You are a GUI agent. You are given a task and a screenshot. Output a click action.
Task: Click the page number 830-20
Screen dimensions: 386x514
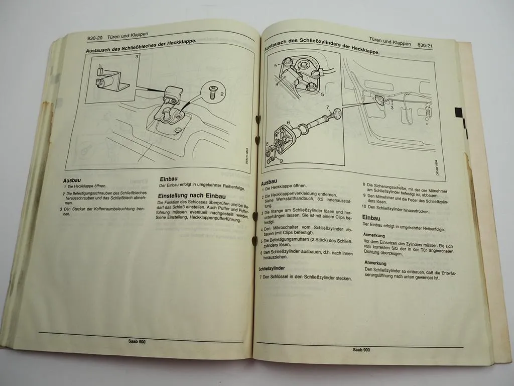pyautogui.click(x=95, y=39)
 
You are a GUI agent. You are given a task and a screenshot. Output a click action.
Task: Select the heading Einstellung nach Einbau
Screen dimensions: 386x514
pyautogui.click(x=192, y=196)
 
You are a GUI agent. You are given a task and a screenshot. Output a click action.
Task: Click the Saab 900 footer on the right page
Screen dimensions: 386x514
pyautogui.click(x=361, y=349)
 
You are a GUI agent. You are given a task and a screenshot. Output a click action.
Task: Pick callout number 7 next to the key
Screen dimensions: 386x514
pyautogui.click(x=327, y=107)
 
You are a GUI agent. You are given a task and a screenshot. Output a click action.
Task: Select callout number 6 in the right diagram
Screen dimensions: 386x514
pyautogui.click(x=288, y=122)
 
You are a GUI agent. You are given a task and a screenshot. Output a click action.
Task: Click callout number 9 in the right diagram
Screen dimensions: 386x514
pyautogui.click(x=281, y=161)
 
